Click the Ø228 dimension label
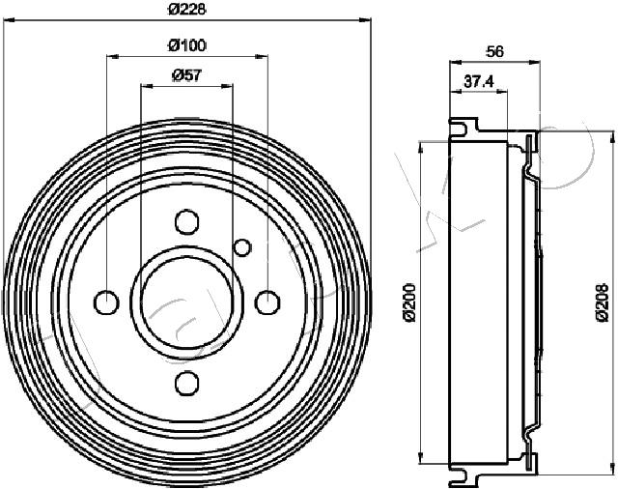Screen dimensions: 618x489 [187, 9]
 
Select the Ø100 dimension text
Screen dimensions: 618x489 [187, 45]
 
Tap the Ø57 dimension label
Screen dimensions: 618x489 [186, 75]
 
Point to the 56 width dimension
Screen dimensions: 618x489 [494, 51]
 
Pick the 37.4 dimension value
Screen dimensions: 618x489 [479, 81]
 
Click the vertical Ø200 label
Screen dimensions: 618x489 [409, 302]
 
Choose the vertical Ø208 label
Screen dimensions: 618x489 [603, 302]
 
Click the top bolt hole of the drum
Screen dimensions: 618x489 [186, 221]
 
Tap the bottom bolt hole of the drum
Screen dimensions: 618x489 [186, 383]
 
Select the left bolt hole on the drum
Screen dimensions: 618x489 [106, 302]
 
